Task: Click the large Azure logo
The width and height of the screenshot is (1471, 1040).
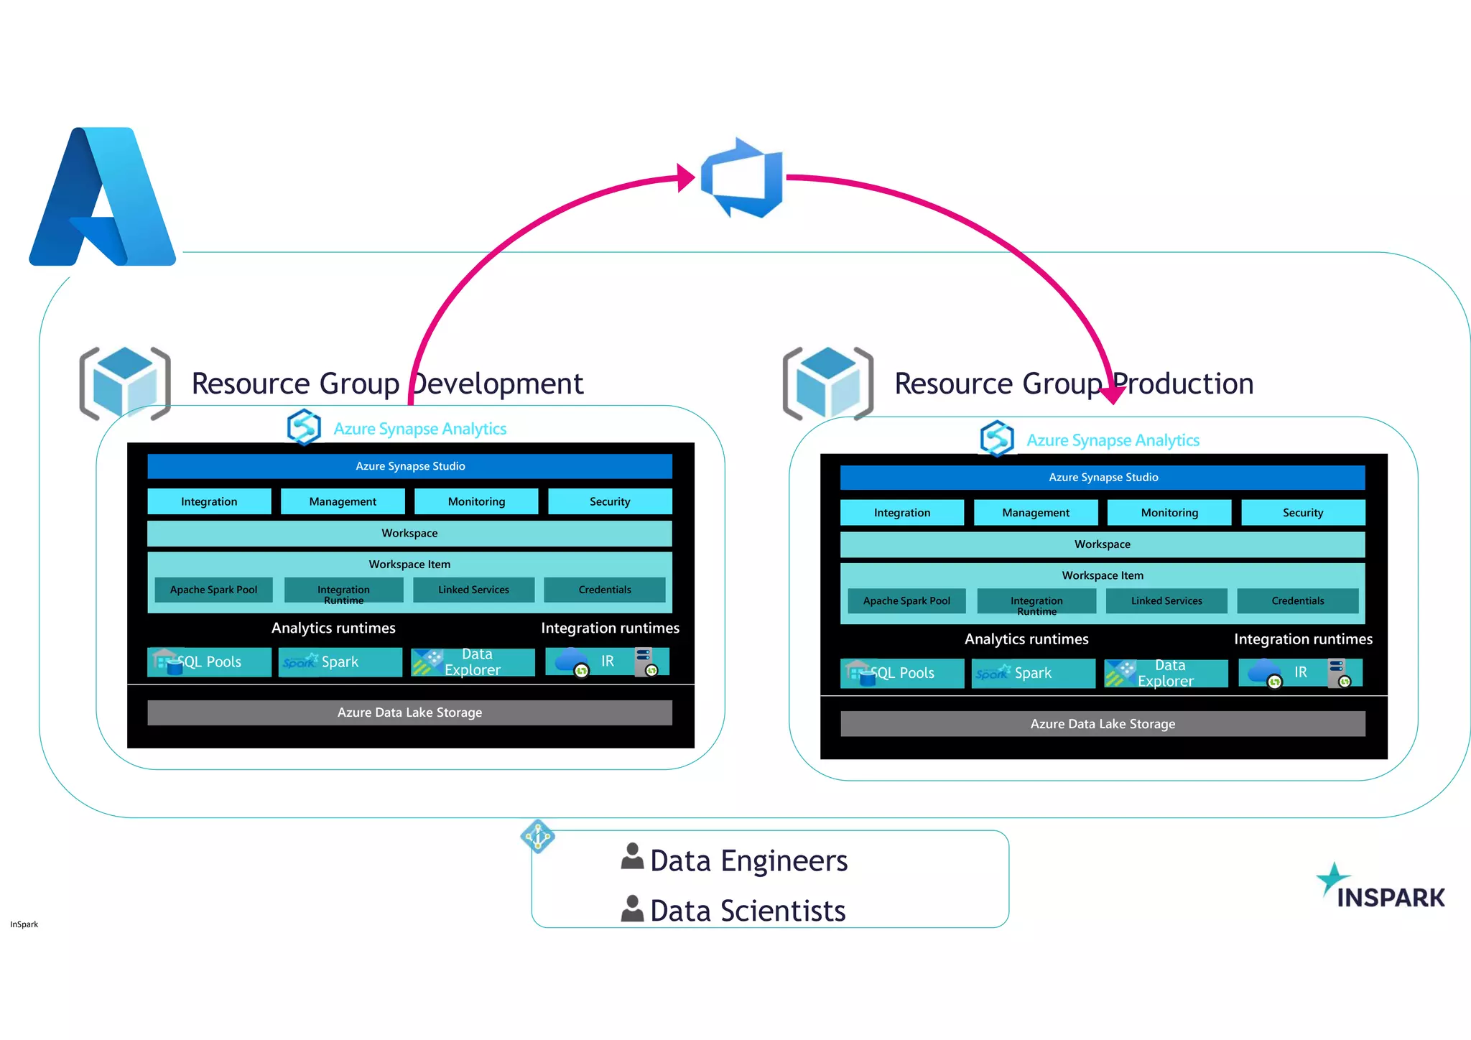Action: (103, 197)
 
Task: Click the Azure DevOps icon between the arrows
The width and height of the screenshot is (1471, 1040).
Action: (742, 177)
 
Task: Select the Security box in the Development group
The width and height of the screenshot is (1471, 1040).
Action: (610, 501)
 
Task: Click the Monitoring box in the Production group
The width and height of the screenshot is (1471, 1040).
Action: (1169, 513)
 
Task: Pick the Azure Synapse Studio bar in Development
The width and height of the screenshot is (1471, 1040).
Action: (409, 466)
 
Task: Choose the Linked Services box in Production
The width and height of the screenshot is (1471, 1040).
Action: (1166, 600)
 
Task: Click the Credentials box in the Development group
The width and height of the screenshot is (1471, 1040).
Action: (604, 590)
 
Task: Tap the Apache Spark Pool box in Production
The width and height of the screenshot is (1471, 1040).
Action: (906, 600)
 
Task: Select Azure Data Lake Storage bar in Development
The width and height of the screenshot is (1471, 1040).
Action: (409, 712)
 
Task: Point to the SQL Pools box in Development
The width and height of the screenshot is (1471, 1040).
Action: (209, 661)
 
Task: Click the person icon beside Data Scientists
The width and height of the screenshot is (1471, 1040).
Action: (632, 909)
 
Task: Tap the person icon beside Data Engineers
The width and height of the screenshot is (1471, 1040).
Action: (632, 857)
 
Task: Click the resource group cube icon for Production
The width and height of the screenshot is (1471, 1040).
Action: (827, 384)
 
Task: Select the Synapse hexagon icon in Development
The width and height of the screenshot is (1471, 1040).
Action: (304, 427)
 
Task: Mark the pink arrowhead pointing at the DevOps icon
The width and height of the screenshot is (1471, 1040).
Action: (686, 177)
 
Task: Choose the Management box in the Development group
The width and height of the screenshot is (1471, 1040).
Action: (342, 501)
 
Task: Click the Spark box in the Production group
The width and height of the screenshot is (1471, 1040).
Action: (1032, 673)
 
